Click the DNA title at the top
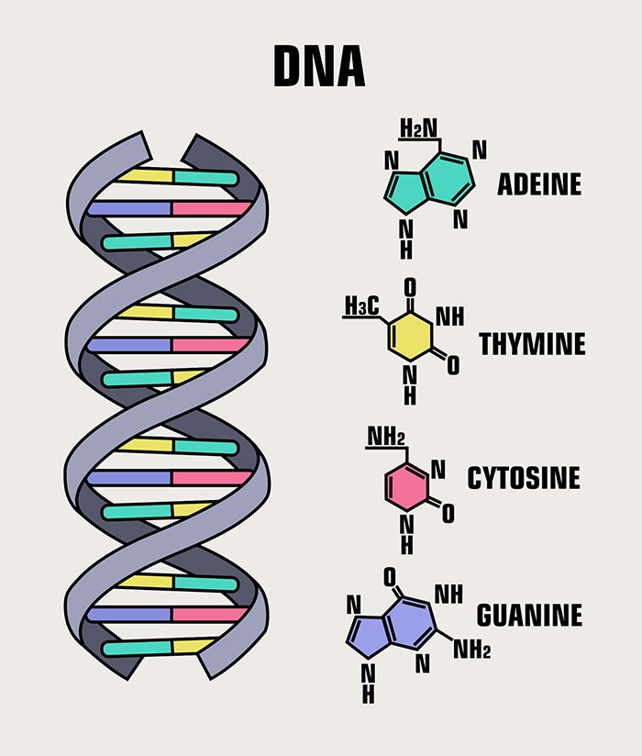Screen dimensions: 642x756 point(319,66)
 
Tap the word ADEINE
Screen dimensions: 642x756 point(539,184)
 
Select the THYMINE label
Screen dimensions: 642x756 point(533,344)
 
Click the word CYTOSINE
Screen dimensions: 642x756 point(524,478)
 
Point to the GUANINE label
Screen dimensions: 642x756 point(530,616)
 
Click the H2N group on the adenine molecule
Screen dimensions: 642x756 point(419,128)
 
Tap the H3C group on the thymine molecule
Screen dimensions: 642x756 point(362,306)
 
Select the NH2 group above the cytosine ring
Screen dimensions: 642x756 point(386,437)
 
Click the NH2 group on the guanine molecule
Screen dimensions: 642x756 point(471,650)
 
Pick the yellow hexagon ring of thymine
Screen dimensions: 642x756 point(410,336)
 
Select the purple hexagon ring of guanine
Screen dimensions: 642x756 point(410,623)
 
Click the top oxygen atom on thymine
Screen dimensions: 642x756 point(410,288)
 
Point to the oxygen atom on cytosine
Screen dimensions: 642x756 point(448,514)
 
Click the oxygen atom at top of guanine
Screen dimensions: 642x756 point(390,577)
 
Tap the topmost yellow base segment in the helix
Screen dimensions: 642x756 point(146,175)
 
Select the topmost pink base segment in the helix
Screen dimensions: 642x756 point(212,209)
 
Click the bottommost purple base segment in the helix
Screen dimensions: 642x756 point(129,615)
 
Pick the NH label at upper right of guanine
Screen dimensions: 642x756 point(448,595)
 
